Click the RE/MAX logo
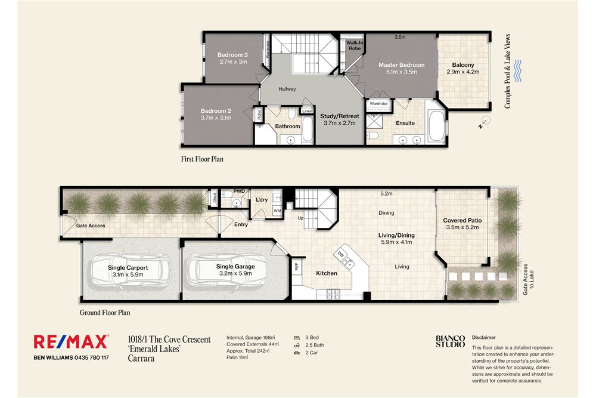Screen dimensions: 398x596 pos(71,341)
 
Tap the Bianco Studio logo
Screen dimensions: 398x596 pos(450,341)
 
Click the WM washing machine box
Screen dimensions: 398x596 pos(277,211)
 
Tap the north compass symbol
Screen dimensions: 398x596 pos(486,122)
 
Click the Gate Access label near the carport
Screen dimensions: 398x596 pos(91,226)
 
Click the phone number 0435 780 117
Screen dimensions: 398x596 pos(88,357)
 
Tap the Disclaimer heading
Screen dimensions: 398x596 pos(483,337)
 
